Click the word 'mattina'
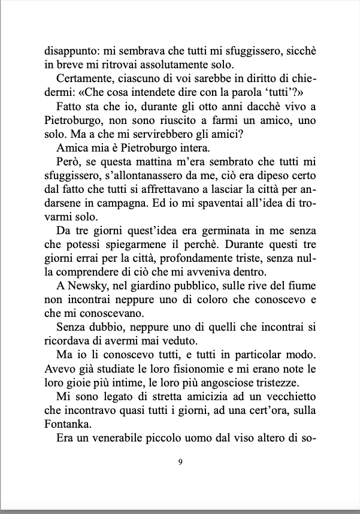pos(153,166)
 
